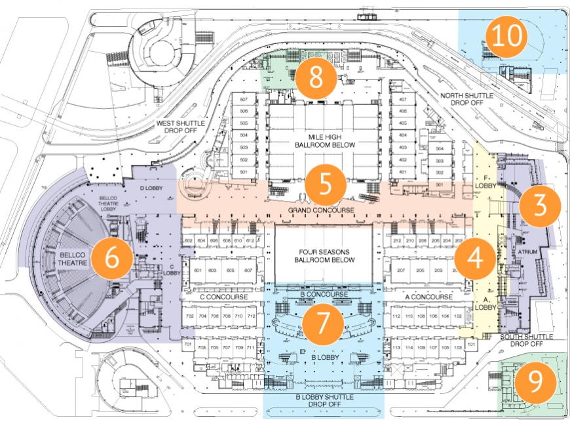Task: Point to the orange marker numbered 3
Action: [541, 205]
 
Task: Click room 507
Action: [244, 100]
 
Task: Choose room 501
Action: [244, 172]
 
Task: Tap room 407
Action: [404, 100]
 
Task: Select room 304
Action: [440, 149]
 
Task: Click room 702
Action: [189, 316]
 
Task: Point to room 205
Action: [419, 270]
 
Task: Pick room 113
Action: [396, 347]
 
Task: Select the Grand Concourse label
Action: [322, 210]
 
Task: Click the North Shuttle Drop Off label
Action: [466, 100]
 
